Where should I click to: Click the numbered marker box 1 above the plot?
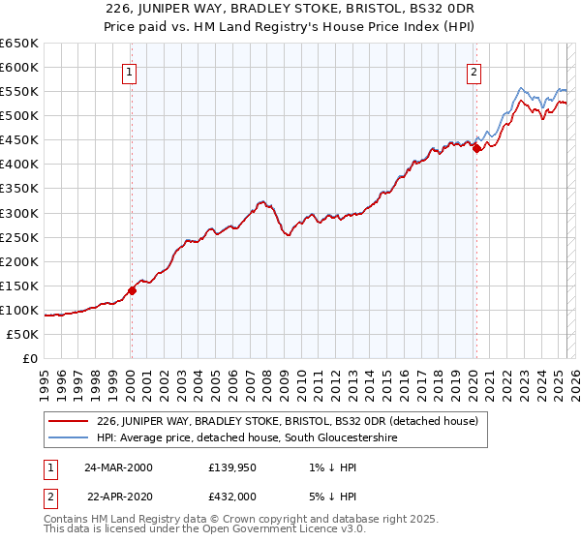pyautogui.click(x=129, y=71)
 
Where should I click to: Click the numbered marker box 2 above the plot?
pyautogui.click(x=474, y=71)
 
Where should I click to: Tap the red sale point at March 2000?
pyautogui.click(x=133, y=289)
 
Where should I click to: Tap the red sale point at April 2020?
pyautogui.click(x=476, y=148)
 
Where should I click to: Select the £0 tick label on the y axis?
pyautogui.click(x=31, y=358)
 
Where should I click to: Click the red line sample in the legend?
pyautogui.click(x=68, y=421)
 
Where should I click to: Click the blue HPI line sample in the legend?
pyautogui.click(x=68, y=438)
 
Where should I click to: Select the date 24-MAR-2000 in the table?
pyautogui.click(x=117, y=467)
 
